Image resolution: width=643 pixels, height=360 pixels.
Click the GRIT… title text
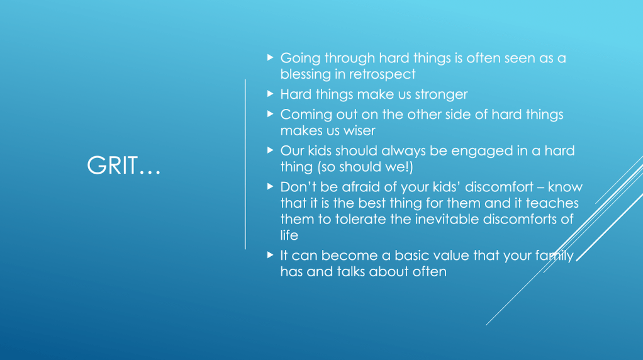[x=123, y=166]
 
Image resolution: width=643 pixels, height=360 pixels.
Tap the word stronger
[x=441, y=94]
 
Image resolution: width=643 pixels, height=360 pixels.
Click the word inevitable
[x=447, y=220]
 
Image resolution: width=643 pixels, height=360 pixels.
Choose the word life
[x=289, y=235]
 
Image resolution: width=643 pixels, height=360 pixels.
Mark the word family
[x=554, y=256]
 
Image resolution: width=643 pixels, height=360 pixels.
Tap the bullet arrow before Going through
[x=271, y=57]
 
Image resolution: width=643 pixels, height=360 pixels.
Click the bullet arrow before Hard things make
[x=271, y=94]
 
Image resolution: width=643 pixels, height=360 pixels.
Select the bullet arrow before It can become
[x=271, y=255]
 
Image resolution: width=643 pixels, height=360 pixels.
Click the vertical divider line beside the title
[x=245, y=164]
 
